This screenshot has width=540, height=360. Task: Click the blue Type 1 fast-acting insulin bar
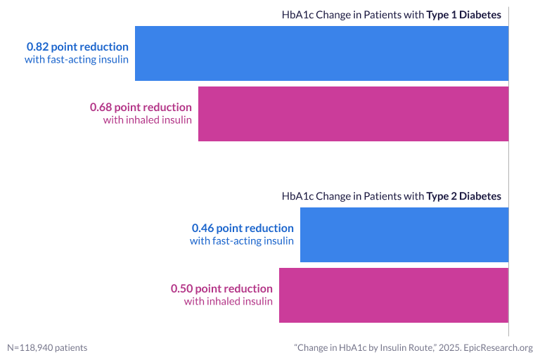321,53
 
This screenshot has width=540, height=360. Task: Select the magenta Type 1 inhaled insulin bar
353,114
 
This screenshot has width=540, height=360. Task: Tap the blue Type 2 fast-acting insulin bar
404,235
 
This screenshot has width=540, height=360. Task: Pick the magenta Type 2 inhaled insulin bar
394,295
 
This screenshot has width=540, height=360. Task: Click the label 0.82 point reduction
77,46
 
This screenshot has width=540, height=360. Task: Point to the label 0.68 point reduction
141,107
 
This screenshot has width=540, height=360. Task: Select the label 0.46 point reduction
243,228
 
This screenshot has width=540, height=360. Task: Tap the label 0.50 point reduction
221,288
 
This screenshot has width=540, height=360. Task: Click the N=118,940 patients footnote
47,347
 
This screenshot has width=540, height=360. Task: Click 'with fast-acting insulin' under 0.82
77,59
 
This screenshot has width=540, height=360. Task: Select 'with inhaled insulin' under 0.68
148,120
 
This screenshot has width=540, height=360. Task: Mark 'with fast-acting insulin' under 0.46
242,241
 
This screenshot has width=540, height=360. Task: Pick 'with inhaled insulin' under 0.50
229,301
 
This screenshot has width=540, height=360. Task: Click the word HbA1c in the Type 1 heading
296,15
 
